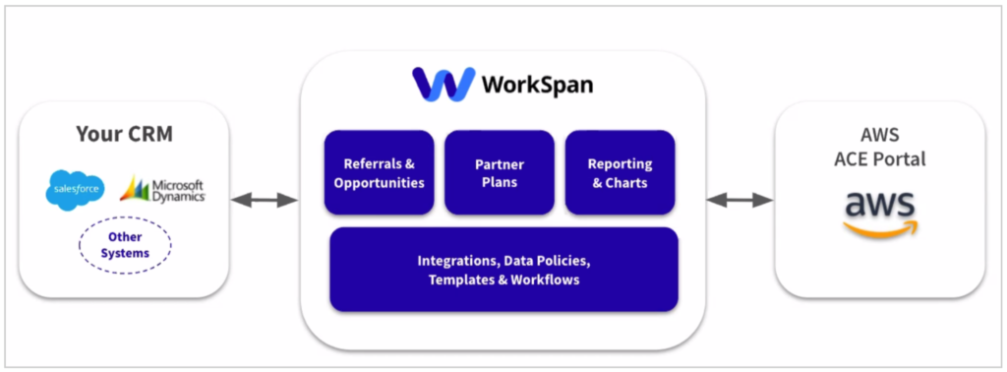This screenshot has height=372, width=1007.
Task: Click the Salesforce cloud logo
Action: (75, 189)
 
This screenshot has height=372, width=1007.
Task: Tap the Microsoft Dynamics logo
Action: (162, 189)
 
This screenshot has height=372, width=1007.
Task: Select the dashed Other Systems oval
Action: (124, 245)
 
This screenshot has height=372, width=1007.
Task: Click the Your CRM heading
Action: (124, 135)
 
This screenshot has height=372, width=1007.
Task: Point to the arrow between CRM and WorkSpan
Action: (265, 200)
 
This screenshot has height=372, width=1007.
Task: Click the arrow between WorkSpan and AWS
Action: (740, 200)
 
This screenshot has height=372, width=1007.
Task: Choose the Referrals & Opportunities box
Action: (379, 173)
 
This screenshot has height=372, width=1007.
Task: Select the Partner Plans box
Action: (499, 173)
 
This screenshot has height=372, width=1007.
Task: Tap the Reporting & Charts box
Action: (620, 173)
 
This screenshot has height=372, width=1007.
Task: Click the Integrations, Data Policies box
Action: (503, 270)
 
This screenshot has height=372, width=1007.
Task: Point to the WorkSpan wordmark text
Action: (537, 86)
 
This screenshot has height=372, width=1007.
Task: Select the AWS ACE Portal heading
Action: (879, 148)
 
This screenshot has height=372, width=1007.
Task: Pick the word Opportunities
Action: (379, 183)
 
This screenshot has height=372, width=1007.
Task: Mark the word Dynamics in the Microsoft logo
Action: (178, 196)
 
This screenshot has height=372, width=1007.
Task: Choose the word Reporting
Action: (620, 164)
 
